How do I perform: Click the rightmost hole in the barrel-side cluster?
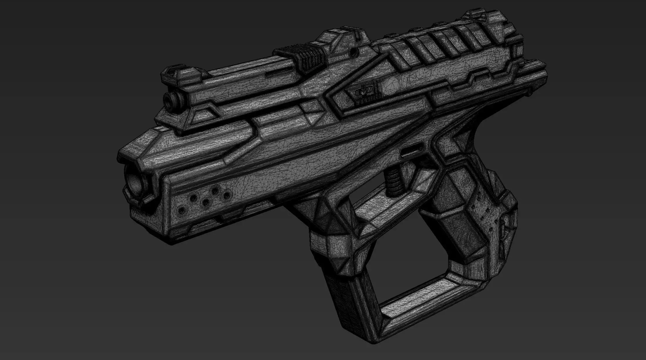coord(226,195)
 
